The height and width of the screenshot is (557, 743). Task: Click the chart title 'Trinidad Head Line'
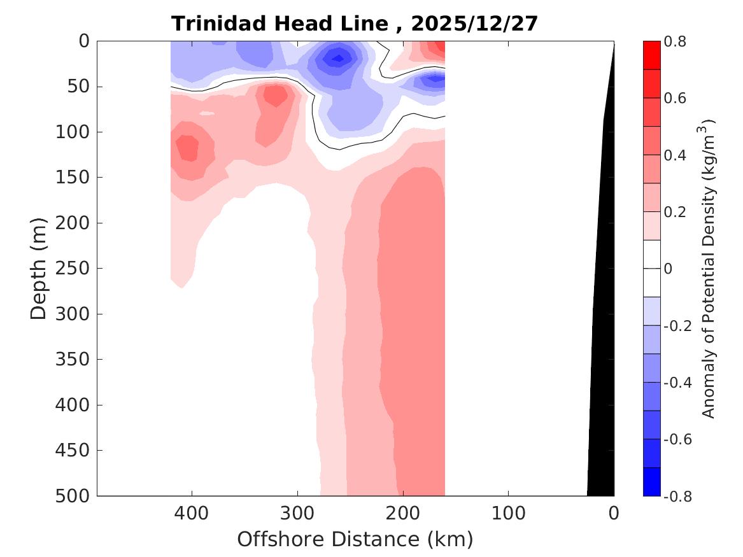coord(280,24)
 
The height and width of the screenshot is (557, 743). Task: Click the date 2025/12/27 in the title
coord(474,24)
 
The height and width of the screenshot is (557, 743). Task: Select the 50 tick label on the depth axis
coord(81,86)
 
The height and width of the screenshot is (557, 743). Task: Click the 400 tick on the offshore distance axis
coord(192,512)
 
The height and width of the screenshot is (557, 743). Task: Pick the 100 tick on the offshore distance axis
coord(508,512)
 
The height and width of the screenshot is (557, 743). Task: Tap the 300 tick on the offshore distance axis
coord(297,512)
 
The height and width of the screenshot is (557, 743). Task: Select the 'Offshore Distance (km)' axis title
coord(355,539)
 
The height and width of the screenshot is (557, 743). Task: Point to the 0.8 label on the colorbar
coord(674,41)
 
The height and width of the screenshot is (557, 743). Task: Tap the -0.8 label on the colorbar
coord(676,495)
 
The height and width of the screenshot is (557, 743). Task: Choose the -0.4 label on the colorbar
coord(676,382)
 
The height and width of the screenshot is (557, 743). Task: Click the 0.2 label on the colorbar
coord(674,211)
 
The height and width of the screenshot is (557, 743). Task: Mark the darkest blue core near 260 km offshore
coord(337,58)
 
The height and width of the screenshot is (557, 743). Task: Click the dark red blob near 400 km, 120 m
coord(188,149)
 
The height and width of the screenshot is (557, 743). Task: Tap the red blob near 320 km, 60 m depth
coord(276,95)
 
